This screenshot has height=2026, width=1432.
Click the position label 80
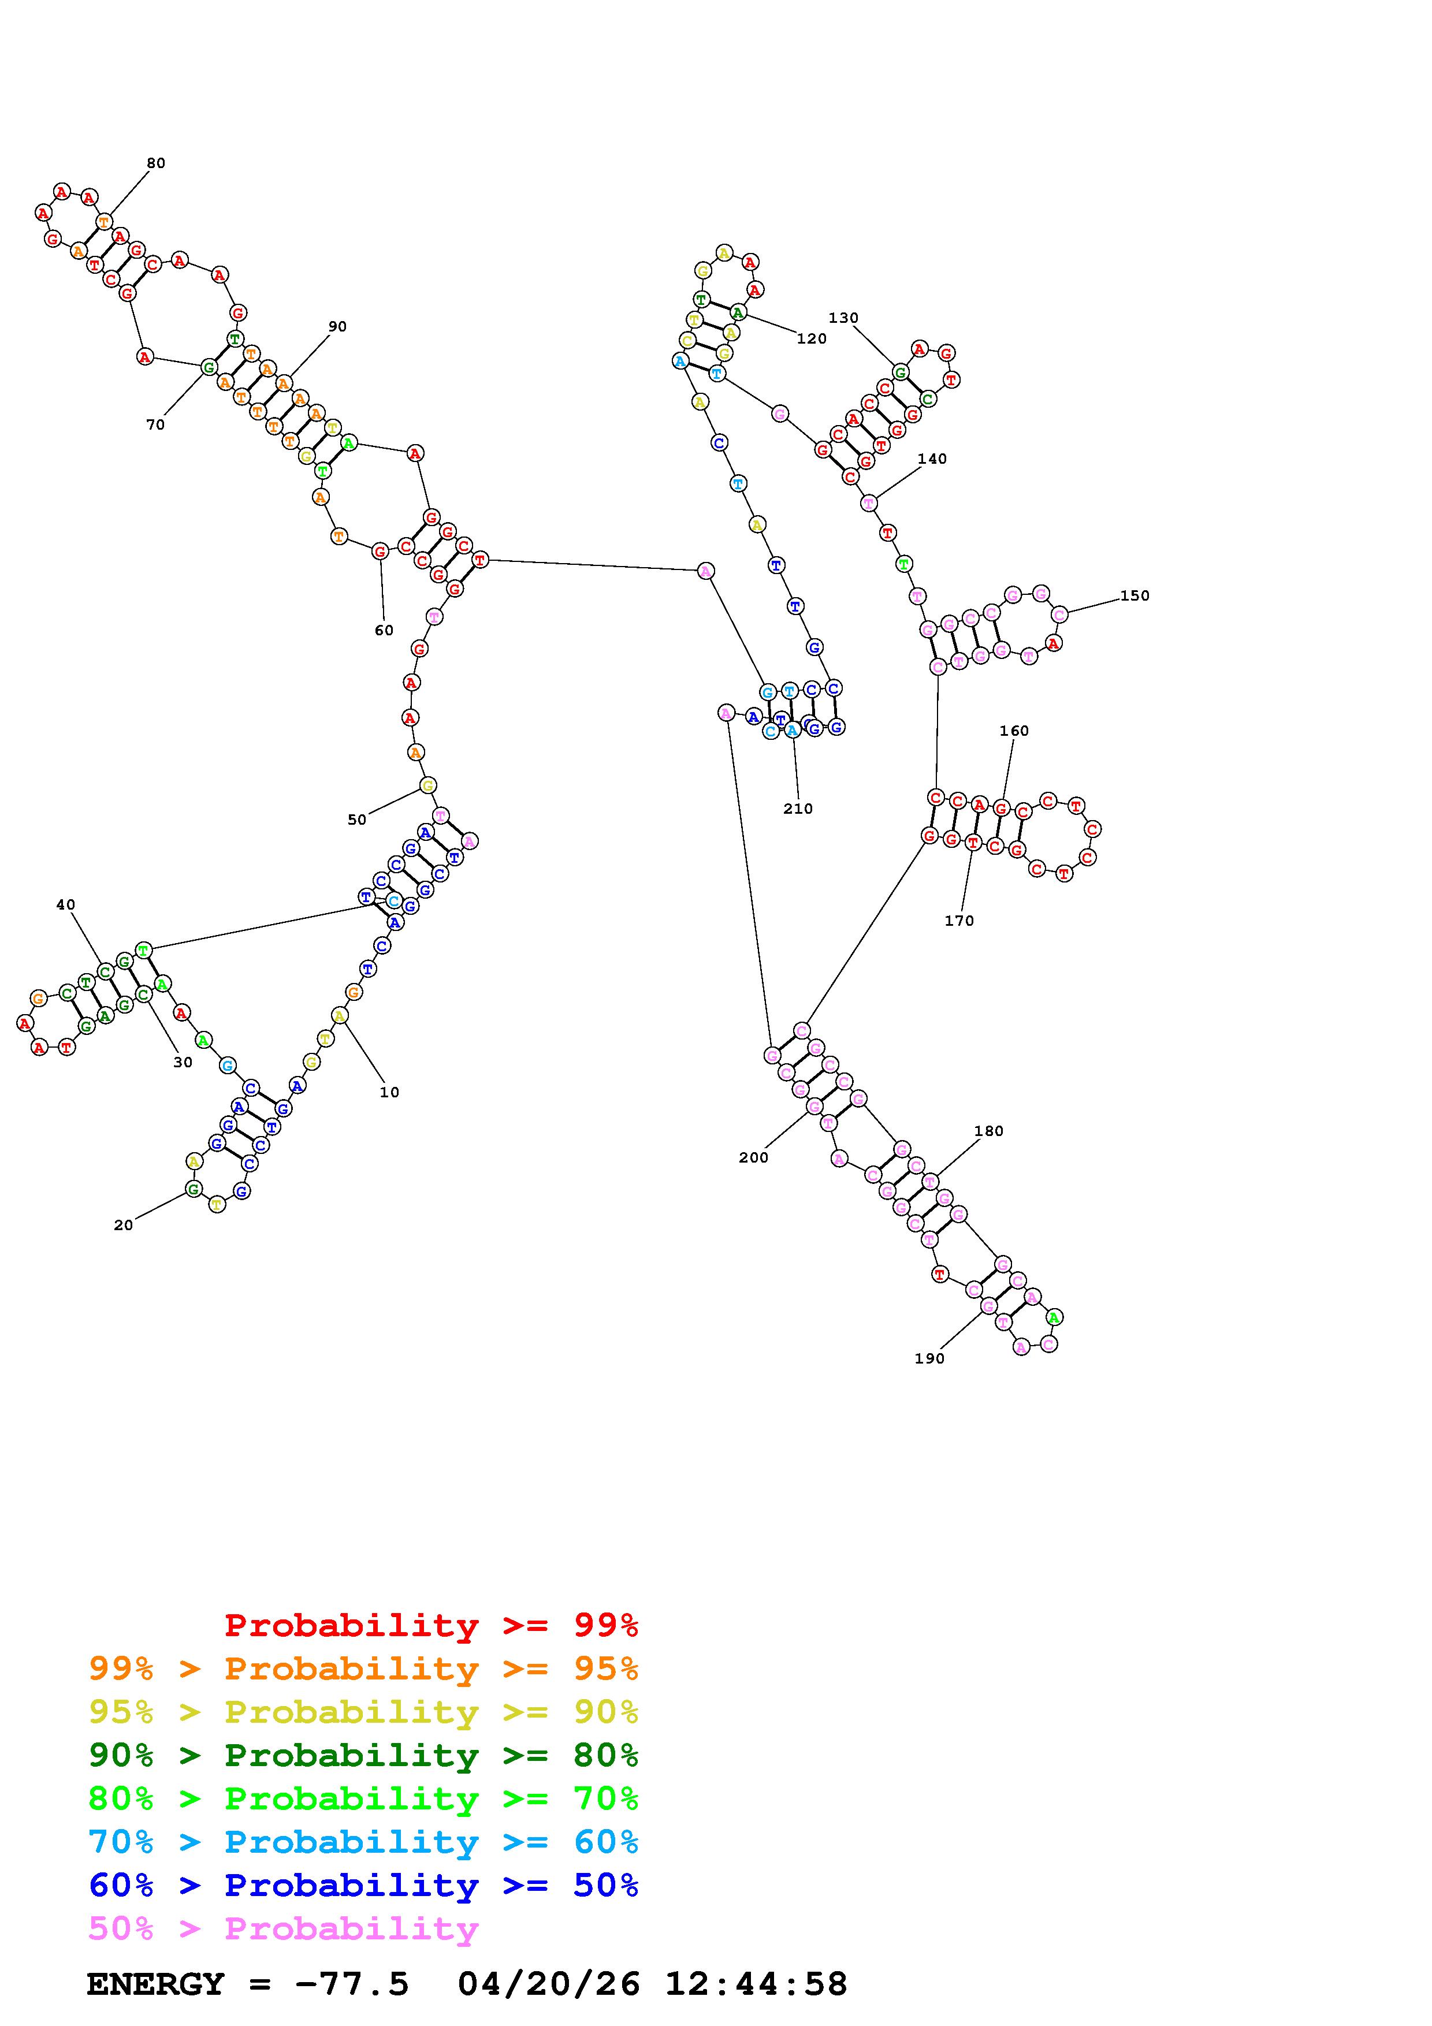point(156,163)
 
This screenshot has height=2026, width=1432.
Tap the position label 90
point(337,326)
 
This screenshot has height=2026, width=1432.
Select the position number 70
point(155,425)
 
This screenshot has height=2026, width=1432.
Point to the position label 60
point(384,631)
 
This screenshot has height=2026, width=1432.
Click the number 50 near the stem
point(356,820)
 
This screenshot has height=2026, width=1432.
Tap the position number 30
point(183,1063)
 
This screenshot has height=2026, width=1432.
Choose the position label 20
point(124,1225)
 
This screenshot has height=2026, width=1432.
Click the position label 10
point(389,1093)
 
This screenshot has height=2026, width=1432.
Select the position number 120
point(811,339)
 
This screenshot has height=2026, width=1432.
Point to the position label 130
point(843,318)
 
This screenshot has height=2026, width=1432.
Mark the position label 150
point(1135,595)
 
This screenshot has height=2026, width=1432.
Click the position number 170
point(959,921)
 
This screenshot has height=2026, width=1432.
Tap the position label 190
point(929,1359)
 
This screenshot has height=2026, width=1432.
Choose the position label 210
point(798,809)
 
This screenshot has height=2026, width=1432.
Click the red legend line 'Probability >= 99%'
point(430,1625)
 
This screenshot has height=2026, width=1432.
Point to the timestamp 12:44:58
point(756,1984)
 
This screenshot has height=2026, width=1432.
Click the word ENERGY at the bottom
point(155,1984)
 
